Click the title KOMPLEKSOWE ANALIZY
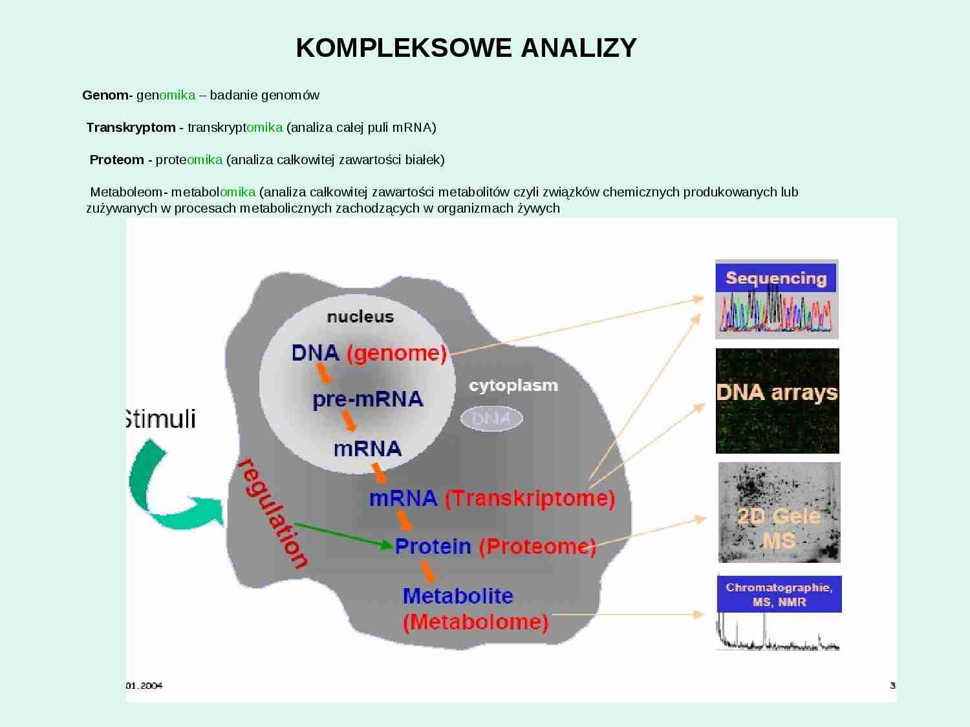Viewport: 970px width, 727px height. (x=466, y=48)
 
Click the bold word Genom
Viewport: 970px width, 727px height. (x=105, y=96)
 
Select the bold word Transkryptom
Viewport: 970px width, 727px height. (x=131, y=127)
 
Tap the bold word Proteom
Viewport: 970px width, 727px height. (x=116, y=160)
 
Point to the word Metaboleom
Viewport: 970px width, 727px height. (x=127, y=192)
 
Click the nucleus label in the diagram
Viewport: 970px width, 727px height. (x=360, y=317)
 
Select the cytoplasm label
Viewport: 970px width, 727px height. (x=513, y=386)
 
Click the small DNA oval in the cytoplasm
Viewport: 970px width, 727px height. (x=491, y=419)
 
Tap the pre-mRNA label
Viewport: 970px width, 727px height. (x=367, y=399)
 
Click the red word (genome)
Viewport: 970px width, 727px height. (x=397, y=353)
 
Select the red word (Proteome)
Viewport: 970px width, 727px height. (x=537, y=547)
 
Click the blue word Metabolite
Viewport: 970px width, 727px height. (x=458, y=596)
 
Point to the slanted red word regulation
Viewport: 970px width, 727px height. (x=272, y=514)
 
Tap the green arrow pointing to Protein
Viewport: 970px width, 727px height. (x=343, y=536)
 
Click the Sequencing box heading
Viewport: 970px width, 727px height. (x=776, y=279)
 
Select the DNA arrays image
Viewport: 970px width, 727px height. (x=777, y=401)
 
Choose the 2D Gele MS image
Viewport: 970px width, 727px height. (x=779, y=512)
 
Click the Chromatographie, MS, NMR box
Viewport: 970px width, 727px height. (x=779, y=595)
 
